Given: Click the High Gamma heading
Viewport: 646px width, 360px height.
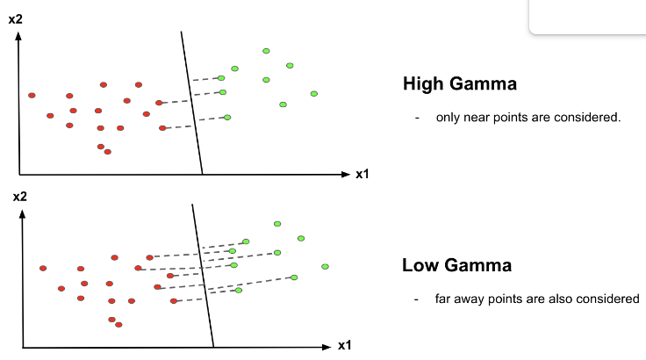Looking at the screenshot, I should (x=459, y=84).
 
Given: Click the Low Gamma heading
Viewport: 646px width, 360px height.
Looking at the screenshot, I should (x=456, y=265).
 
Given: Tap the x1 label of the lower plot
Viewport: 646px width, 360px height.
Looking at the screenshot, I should (x=345, y=345).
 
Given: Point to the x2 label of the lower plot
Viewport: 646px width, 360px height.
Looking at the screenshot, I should (x=19, y=197).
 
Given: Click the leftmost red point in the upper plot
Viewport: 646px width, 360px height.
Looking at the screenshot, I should (x=32, y=95).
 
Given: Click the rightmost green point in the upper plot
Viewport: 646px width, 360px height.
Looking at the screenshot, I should (x=313, y=94).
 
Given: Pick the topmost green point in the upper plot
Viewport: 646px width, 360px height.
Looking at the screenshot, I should (x=266, y=51).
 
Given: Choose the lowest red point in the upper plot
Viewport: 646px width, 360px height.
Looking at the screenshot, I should (x=108, y=152).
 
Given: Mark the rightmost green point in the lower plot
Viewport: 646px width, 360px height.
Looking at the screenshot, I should (x=325, y=266).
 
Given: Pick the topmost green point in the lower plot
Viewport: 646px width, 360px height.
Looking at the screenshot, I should (x=277, y=224).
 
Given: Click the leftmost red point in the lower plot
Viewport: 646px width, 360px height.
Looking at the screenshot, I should (x=43, y=268).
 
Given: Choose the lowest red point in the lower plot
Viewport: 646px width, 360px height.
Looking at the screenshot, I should (x=118, y=325).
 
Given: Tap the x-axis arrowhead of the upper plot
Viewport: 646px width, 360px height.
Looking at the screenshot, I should (x=346, y=175).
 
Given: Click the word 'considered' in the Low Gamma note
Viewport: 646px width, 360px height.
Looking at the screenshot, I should (x=610, y=299).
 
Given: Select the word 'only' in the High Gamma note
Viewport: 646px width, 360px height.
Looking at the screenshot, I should (x=448, y=117).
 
